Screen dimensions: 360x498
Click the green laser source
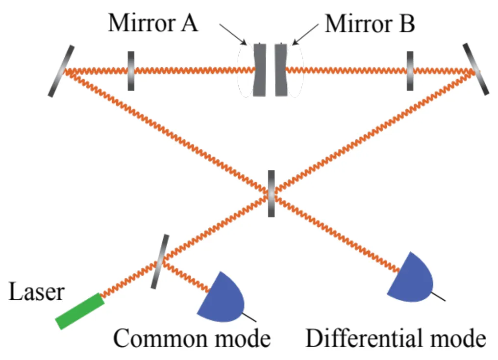(x=80, y=311)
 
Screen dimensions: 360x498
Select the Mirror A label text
(x=153, y=23)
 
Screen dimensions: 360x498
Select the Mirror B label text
(x=370, y=23)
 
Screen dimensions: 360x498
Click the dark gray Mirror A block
(x=259, y=70)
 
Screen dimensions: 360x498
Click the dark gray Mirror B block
(x=281, y=70)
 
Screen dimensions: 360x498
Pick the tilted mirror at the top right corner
(x=475, y=69)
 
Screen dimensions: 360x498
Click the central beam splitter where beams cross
(x=271, y=193)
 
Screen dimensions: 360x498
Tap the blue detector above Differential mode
(x=412, y=278)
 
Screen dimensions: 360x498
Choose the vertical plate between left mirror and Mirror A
(x=131, y=71)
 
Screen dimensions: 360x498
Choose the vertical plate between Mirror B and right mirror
(x=410, y=71)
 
